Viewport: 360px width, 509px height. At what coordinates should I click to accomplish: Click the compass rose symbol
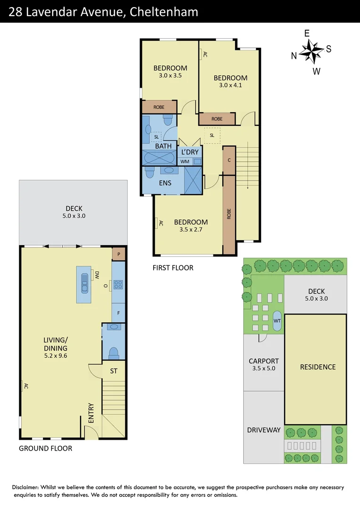[311, 51]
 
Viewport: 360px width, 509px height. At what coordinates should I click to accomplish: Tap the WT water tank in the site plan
[277, 321]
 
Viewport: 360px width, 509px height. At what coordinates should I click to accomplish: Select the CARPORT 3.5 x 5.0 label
[264, 366]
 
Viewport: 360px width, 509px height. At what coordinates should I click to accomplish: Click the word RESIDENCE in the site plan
[318, 367]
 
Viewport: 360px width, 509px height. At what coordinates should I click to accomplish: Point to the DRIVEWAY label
[264, 430]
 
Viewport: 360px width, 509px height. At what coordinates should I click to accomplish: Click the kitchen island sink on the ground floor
[84, 279]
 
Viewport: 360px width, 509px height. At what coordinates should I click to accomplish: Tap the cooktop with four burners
[118, 284]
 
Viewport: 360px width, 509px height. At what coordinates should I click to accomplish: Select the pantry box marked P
[118, 254]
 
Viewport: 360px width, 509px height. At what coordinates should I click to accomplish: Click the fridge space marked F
[118, 312]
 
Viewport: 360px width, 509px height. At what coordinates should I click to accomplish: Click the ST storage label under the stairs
[114, 371]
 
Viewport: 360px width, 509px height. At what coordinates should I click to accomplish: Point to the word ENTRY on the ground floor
[91, 412]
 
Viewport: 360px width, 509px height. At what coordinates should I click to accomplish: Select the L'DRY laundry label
[190, 152]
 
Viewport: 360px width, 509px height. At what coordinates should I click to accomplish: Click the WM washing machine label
[185, 162]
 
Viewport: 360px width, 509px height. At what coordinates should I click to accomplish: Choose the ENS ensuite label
[165, 183]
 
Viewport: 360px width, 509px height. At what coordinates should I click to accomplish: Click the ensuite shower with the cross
[193, 180]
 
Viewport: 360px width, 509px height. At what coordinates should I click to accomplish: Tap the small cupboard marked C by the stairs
[229, 160]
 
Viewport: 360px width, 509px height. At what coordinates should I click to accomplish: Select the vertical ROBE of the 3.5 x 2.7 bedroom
[229, 214]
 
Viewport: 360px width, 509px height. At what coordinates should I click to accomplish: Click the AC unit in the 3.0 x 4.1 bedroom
[204, 54]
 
